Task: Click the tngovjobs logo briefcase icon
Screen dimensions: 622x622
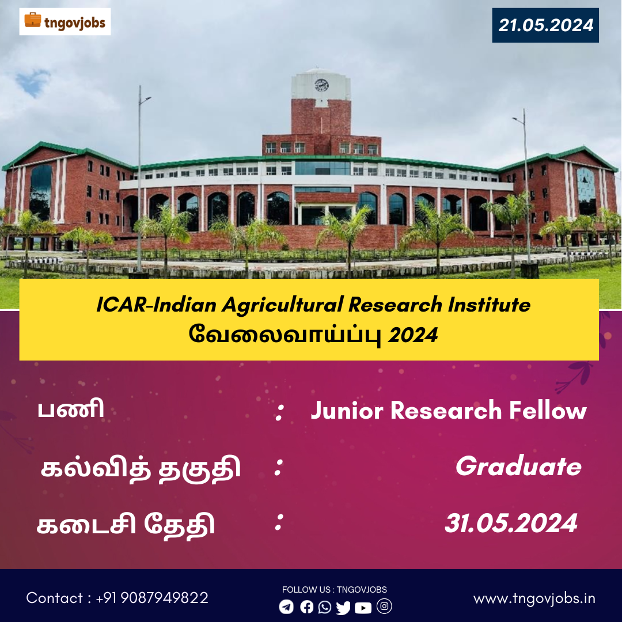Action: (32, 20)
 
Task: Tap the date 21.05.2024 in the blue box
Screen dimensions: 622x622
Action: (545, 25)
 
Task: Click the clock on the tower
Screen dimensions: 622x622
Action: (321, 85)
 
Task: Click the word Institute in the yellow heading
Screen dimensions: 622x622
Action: (489, 305)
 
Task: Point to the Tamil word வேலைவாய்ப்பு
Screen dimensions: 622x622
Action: (285, 335)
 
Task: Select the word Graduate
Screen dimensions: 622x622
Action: (518, 466)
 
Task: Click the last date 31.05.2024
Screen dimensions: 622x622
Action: (511, 523)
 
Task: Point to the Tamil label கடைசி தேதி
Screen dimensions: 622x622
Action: (126, 525)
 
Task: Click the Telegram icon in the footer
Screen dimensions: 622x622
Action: (286, 606)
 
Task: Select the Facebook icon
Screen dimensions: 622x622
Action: (306, 606)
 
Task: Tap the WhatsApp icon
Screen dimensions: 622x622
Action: (325, 607)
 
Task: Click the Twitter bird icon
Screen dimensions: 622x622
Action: (343, 608)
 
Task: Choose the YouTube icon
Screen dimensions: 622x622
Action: (363, 608)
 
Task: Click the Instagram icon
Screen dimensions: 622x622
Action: (384, 606)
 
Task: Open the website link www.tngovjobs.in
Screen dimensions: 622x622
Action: (534, 598)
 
